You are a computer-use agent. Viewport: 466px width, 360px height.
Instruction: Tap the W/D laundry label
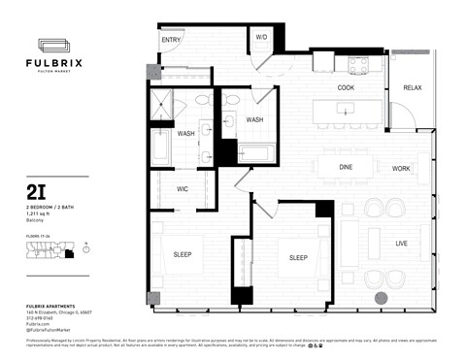261,37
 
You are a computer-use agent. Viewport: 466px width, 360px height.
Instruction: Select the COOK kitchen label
346,88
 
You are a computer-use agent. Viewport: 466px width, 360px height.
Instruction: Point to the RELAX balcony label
413,88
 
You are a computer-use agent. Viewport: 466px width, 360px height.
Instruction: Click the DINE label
346,168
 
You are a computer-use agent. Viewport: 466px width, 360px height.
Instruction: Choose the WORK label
401,169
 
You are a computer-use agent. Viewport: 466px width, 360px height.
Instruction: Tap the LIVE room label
400,243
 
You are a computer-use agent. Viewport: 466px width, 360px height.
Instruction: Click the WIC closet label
182,189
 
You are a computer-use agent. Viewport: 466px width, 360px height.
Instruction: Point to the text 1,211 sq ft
41,213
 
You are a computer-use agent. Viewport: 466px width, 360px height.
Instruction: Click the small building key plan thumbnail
48,251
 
